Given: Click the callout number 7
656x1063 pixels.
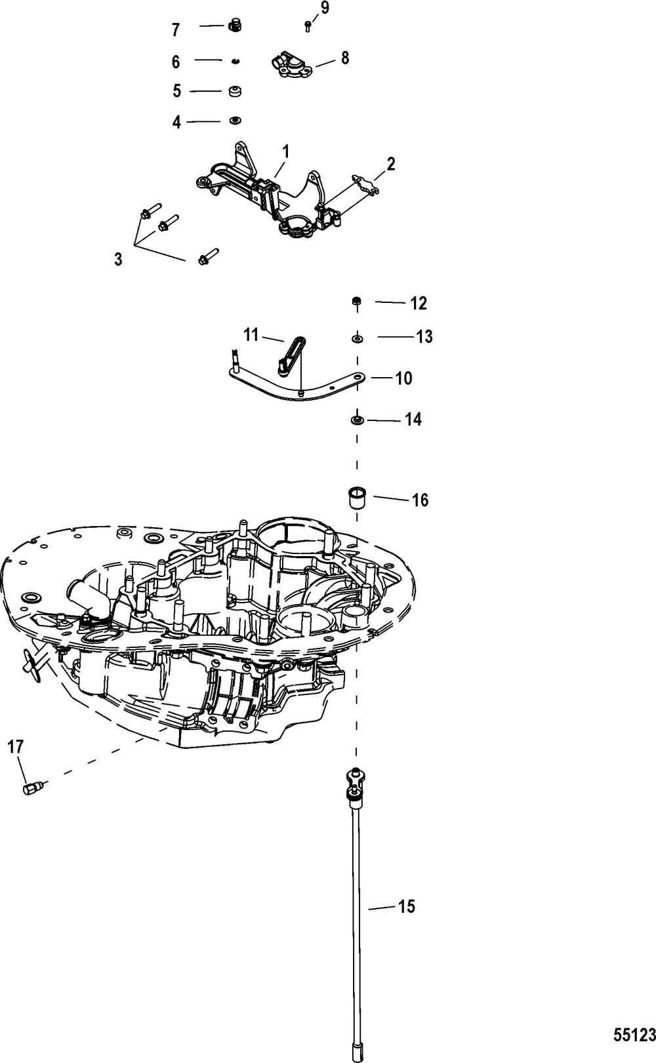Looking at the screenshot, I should click(x=175, y=30).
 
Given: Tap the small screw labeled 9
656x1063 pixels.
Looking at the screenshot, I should click(x=308, y=26).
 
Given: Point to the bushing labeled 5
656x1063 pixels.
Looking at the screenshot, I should click(x=234, y=91).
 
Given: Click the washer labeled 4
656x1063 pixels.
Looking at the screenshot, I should click(x=234, y=121).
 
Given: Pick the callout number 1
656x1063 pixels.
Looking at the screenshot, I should click(x=285, y=151).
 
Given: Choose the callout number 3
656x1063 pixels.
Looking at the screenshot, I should click(x=118, y=259).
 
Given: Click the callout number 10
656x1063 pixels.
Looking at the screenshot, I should click(x=403, y=378).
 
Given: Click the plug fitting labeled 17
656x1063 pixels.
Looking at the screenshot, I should click(x=32, y=788).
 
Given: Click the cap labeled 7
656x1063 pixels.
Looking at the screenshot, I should click(x=233, y=26).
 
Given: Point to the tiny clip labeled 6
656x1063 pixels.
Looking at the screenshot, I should click(x=234, y=61).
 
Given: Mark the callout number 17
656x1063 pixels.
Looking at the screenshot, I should click(x=15, y=746).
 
